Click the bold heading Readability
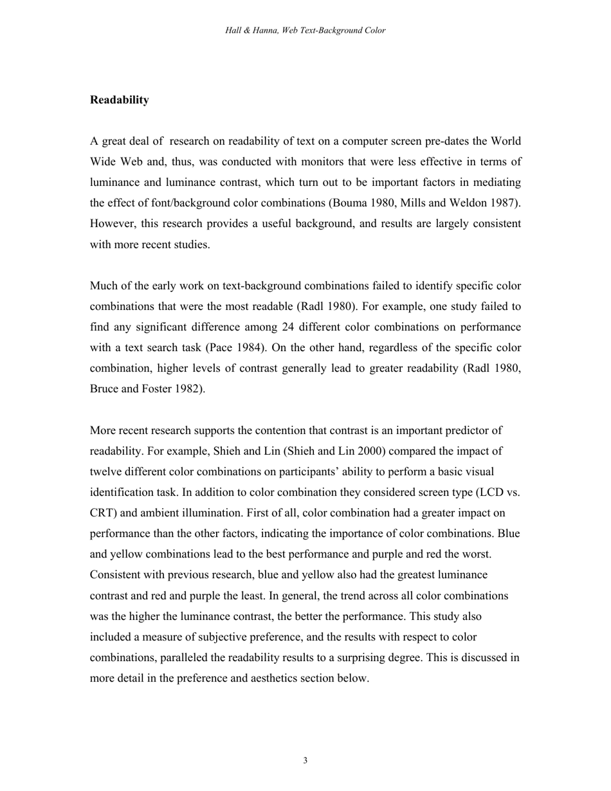tap(120, 100)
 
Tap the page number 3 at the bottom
tap(305, 761)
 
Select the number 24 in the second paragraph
tap(288, 327)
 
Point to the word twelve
tap(106, 472)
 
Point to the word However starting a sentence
tap(112, 224)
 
